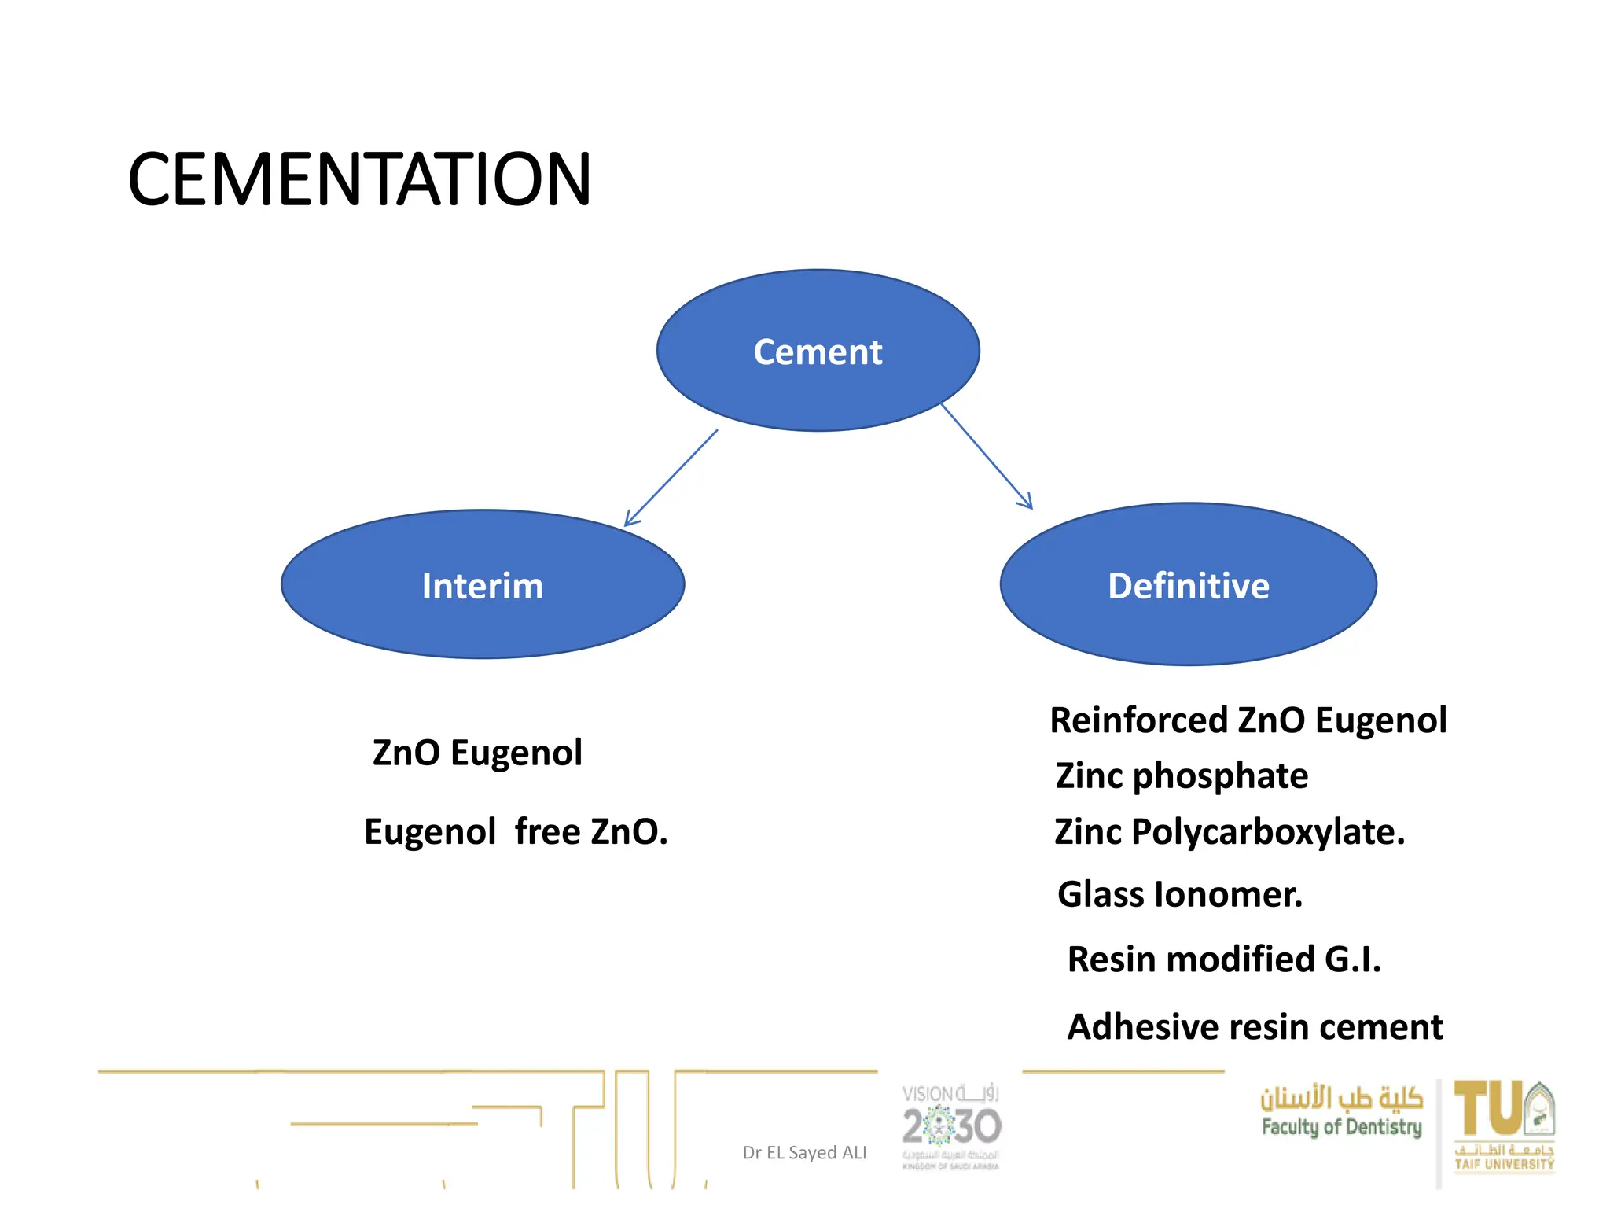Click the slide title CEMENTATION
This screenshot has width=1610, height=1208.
coord(358,180)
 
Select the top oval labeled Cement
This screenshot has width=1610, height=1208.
coord(818,351)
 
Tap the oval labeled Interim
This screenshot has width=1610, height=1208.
coord(482,585)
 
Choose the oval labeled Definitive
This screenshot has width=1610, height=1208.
coord(1188,585)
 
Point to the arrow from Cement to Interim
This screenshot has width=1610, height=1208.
coord(671,478)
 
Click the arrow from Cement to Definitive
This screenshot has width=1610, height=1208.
coord(987,456)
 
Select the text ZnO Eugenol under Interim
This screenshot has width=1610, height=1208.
coord(477,753)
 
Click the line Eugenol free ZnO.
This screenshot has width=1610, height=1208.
coord(516,831)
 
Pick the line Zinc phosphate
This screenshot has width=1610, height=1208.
coord(1182,776)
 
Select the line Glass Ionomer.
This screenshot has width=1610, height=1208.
coord(1179,894)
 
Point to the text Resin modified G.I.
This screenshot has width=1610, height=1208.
coord(1223,959)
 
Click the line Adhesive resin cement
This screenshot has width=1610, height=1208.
coord(1255,1027)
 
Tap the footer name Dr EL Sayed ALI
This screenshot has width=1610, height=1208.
coord(804,1153)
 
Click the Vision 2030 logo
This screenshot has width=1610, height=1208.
coord(951,1126)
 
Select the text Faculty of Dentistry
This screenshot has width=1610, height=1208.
coord(1341,1127)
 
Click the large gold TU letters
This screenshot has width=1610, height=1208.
coord(1487,1108)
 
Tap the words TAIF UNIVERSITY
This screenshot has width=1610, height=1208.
coord(1504,1165)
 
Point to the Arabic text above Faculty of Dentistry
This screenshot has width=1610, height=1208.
coord(1341,1097)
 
